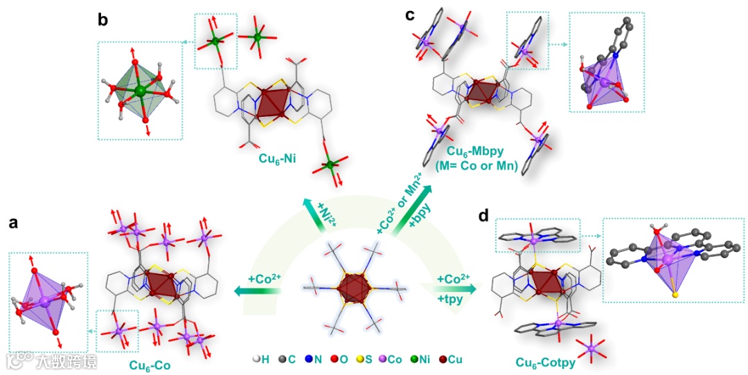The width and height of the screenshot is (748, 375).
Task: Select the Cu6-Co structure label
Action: click(x=150, y=365)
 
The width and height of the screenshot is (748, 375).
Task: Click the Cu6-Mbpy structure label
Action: click(x=472, y=152)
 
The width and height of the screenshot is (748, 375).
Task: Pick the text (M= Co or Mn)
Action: click(x=471, y=165)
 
